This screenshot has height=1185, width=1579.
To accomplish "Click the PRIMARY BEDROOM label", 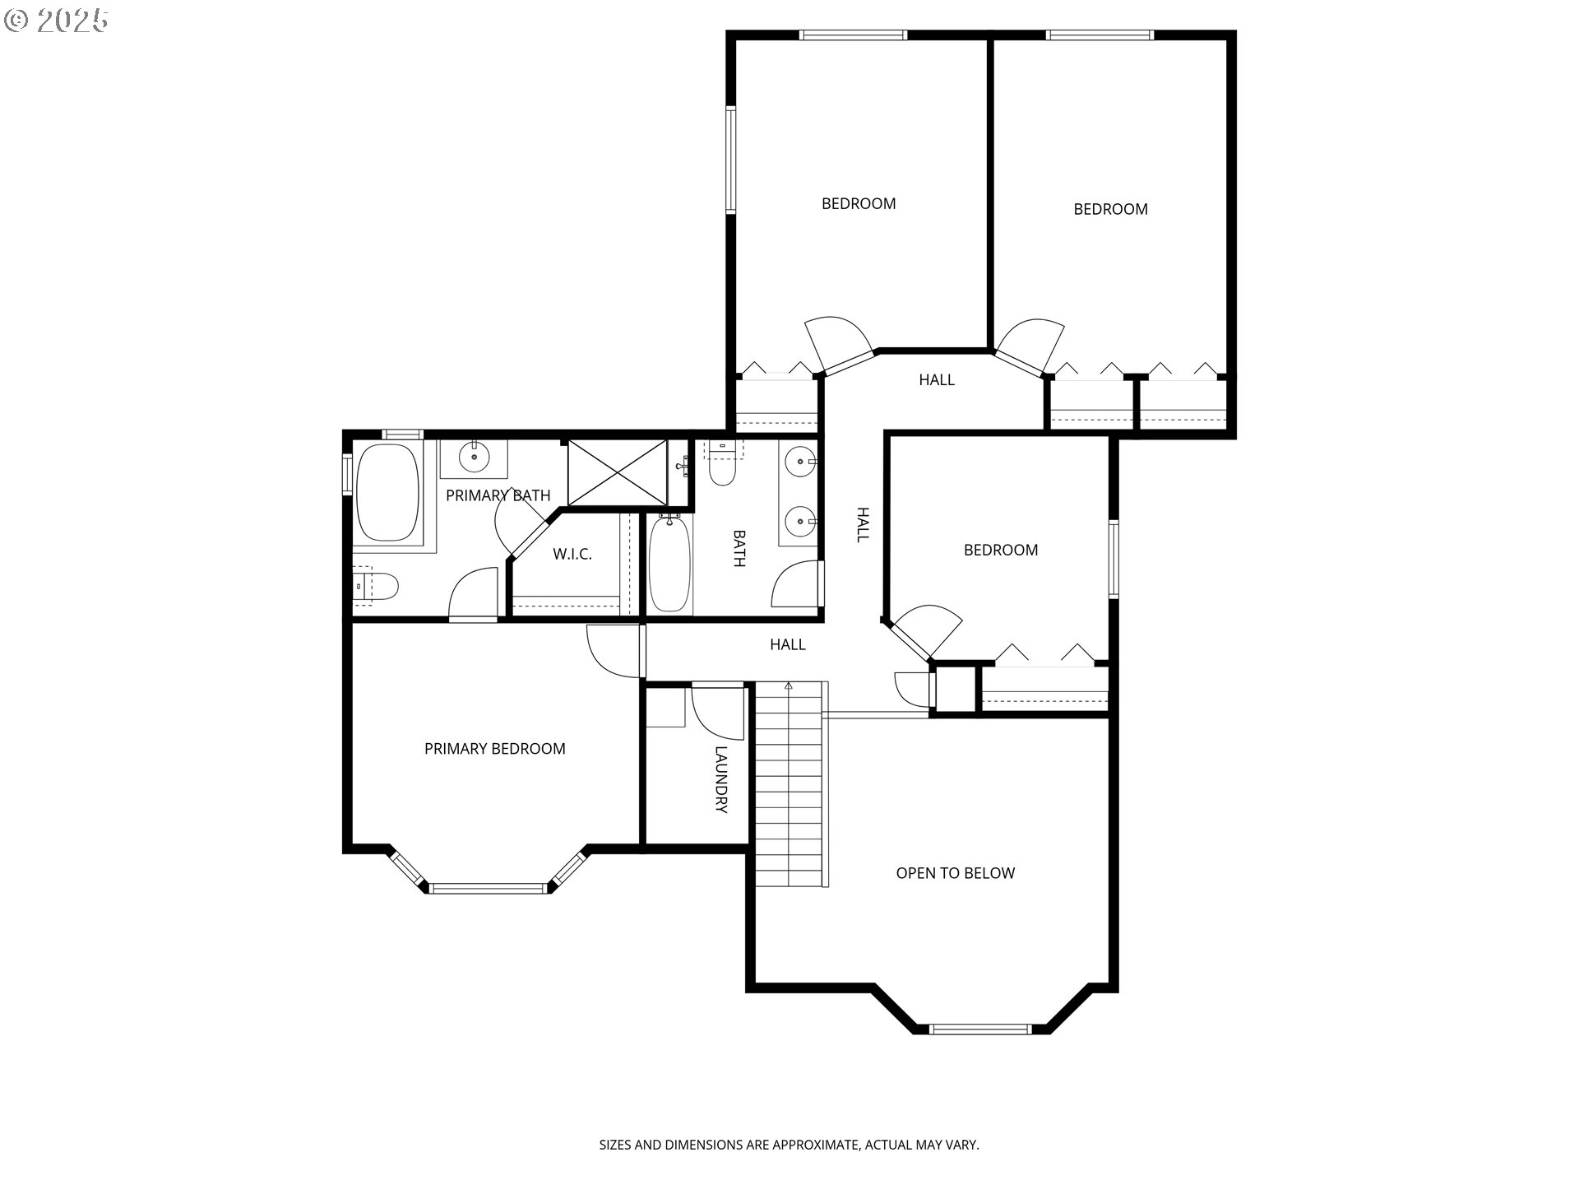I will click(494, 749).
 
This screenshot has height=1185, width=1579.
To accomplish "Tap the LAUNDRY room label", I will click(721, 779).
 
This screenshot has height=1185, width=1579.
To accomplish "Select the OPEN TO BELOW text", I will click(955, 873).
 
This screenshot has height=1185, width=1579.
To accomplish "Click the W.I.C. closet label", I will click(572, 555).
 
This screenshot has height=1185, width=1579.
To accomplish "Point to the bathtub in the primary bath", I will click(387, 493).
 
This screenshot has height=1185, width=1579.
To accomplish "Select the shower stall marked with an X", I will click(618, 472).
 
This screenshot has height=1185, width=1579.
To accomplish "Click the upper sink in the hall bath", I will click(799, 462).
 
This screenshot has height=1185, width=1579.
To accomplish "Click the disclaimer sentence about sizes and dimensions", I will click(789, 1145).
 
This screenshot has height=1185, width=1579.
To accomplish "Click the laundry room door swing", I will click(718, 711).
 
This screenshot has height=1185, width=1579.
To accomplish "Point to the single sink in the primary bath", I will click(474, 457).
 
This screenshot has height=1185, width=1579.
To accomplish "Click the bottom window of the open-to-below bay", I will click(979, 1029).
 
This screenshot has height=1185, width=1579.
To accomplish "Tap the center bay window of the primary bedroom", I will click(488, 888).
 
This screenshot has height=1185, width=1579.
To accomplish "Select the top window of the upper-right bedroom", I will click(1100, 35).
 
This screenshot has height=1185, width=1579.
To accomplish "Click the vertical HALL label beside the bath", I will click(863, 524).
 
